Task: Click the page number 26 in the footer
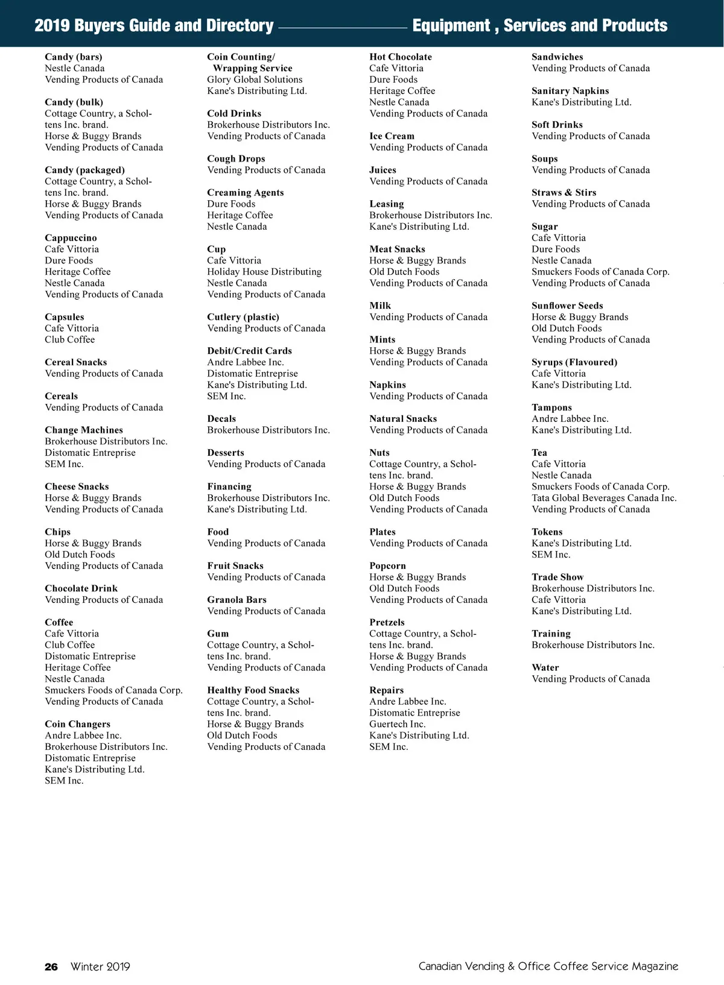coord(51,967)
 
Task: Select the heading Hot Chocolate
coord(401,57)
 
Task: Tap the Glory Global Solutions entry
coord(255,80)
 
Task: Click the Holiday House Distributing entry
coord(264,272)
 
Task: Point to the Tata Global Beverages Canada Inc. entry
coord(604,498)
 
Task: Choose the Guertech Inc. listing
coord(397,724)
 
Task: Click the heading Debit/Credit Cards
coord(249,351)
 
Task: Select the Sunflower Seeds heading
coord(567,306)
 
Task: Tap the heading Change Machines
coord(84,430)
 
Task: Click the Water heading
coord(545,667)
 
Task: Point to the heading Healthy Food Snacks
coord(253,690)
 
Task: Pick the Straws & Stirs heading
coord(564,192)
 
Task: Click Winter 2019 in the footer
coord(100,967)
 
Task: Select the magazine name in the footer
coord(548,966)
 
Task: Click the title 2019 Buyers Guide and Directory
coord(154,25)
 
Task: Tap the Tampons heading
coord(551,408)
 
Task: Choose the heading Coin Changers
coord(77,724)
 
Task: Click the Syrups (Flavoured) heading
coord(574,362)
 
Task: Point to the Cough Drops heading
coord(236,159)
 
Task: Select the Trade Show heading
coord(557,577)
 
